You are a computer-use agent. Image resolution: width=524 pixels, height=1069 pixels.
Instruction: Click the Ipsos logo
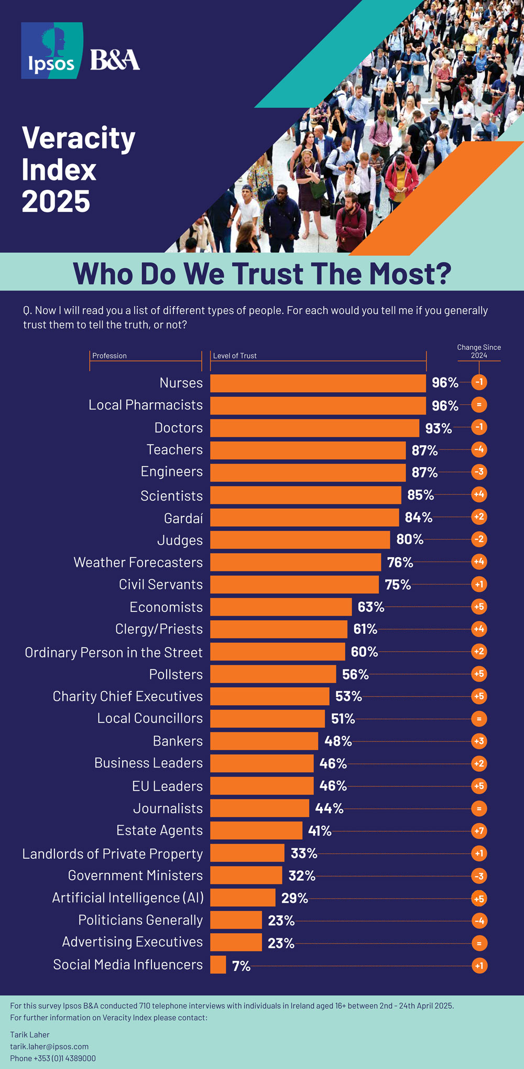tap(52, 51)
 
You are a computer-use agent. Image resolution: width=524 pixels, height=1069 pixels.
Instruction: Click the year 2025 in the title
tap(56, 202)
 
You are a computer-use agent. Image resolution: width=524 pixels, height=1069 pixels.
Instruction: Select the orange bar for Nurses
tap(318, 383)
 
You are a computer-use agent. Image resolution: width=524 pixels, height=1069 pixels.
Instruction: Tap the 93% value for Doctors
tap(438, 428)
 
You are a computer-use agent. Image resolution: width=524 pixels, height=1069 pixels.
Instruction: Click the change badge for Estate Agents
tap(479, 831)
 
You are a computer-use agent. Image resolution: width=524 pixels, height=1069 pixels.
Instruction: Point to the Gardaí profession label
tap(183, 519)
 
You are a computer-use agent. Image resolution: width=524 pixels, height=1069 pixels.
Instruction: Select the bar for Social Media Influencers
tap(218, 965)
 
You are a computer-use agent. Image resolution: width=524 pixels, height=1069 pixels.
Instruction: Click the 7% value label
tap(241, 966)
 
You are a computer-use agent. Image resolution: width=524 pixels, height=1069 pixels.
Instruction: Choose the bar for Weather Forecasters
tap(296, 562)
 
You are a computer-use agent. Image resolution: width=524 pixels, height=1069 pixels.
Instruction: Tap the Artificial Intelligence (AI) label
tap(128, 898)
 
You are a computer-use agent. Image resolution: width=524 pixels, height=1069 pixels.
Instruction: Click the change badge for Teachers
tap(479, 450)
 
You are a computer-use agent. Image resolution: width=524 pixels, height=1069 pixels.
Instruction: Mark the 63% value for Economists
tap(371, 607)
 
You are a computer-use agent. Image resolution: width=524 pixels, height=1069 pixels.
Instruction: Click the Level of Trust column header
tap(235, 356)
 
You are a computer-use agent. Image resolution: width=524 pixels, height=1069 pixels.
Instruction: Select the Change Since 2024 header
tap(479, 351)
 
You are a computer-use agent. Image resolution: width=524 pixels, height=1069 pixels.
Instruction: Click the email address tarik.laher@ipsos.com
tap(49, 1046)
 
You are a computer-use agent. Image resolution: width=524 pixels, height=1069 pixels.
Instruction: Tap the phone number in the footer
tap(53, 1059)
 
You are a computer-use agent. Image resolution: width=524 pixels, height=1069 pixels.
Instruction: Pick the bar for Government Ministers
tap(246, 875)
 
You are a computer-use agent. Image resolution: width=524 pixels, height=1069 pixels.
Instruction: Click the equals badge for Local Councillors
tap(479, 719)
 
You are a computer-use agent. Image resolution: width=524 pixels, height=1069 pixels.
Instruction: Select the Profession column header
tap(110, 356)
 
